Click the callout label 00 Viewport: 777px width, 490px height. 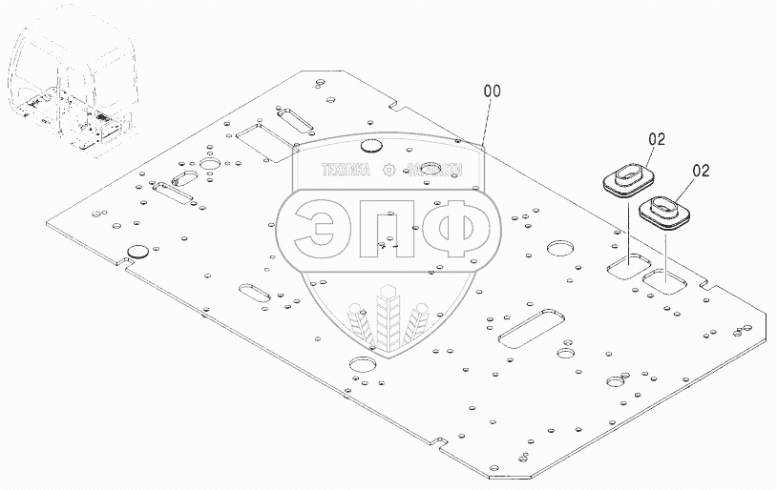tap(493, 92)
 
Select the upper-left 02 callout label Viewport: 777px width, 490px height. tap(656, 139)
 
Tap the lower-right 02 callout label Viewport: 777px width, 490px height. tap(702, 171)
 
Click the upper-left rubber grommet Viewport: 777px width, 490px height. tap(626, 178)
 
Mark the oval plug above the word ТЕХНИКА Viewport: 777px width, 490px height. tap(371, 147)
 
